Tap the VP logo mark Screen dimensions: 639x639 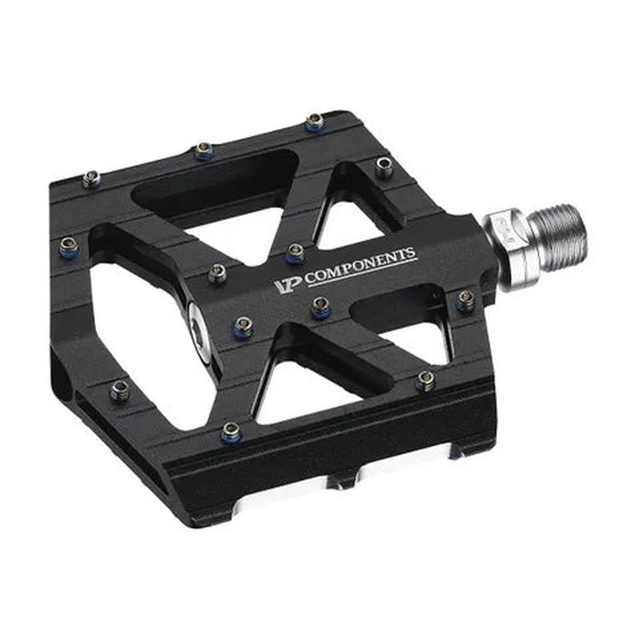(x=288, y=285)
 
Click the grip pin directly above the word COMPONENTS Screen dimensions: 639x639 (x=295, y=251)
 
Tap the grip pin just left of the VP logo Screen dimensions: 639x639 (x=218, y=273)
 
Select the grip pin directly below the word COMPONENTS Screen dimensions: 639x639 (x=321, y=305)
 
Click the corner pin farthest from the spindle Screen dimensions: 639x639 (x=91, y=179)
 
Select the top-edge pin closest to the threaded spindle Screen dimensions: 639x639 (x=384, y=167)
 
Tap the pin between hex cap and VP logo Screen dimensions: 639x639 (x=243, y=326)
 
